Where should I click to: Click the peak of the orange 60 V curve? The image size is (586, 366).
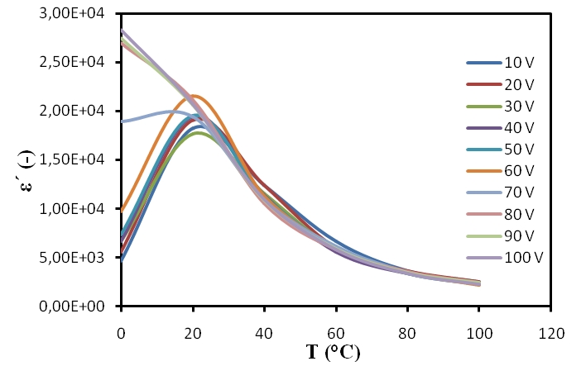[x=194, y=96]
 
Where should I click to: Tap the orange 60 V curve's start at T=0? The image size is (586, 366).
[x=122, y=210]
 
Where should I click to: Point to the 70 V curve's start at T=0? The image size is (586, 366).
[x=122, y=121]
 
